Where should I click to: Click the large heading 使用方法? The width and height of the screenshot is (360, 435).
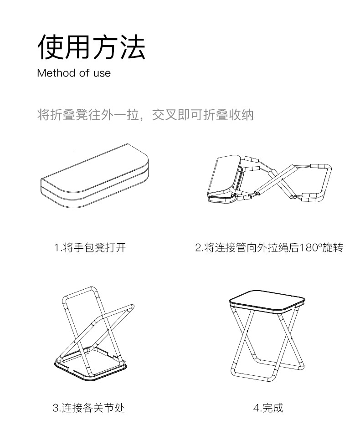point(91,46)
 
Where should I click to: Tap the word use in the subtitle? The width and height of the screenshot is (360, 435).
point(102,73)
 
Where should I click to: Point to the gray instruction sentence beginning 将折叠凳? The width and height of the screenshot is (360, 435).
point(145,115)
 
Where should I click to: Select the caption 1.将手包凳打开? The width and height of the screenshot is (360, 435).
point(90,248)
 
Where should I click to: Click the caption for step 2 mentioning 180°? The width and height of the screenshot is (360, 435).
point(269,248)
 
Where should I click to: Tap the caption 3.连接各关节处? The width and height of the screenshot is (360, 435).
point(88,407)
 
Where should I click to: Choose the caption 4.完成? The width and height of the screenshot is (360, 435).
point(268,407)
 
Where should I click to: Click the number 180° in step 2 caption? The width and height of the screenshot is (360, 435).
point(311,248)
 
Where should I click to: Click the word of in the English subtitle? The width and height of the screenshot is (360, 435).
point(84,73)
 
